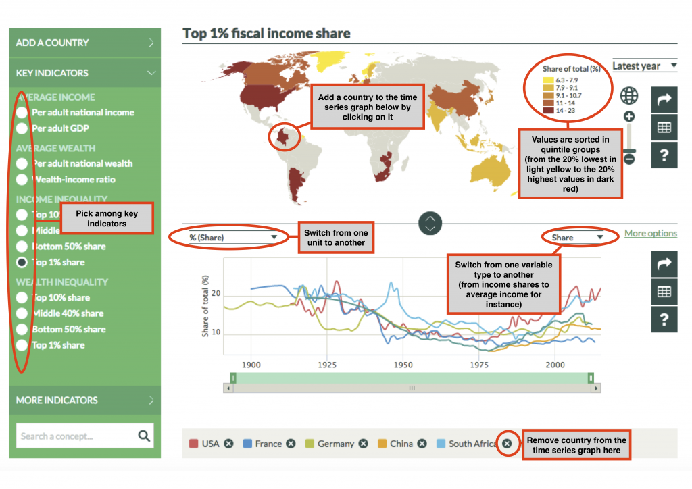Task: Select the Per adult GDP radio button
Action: point(22,128)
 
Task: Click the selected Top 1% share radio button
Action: point(22,262)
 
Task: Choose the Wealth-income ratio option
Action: point(22,180)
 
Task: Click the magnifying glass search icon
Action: point(144,436)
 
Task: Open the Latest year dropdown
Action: point(645,66)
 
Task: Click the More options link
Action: point(650,234)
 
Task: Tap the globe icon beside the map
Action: point(629,95)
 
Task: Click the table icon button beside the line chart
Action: point(664,292)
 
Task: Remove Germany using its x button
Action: point(363,444)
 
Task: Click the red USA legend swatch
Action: point(193,444)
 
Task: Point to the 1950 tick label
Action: point(403,365)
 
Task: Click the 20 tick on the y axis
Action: point(216,294)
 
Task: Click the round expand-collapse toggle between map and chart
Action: point(430,222)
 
